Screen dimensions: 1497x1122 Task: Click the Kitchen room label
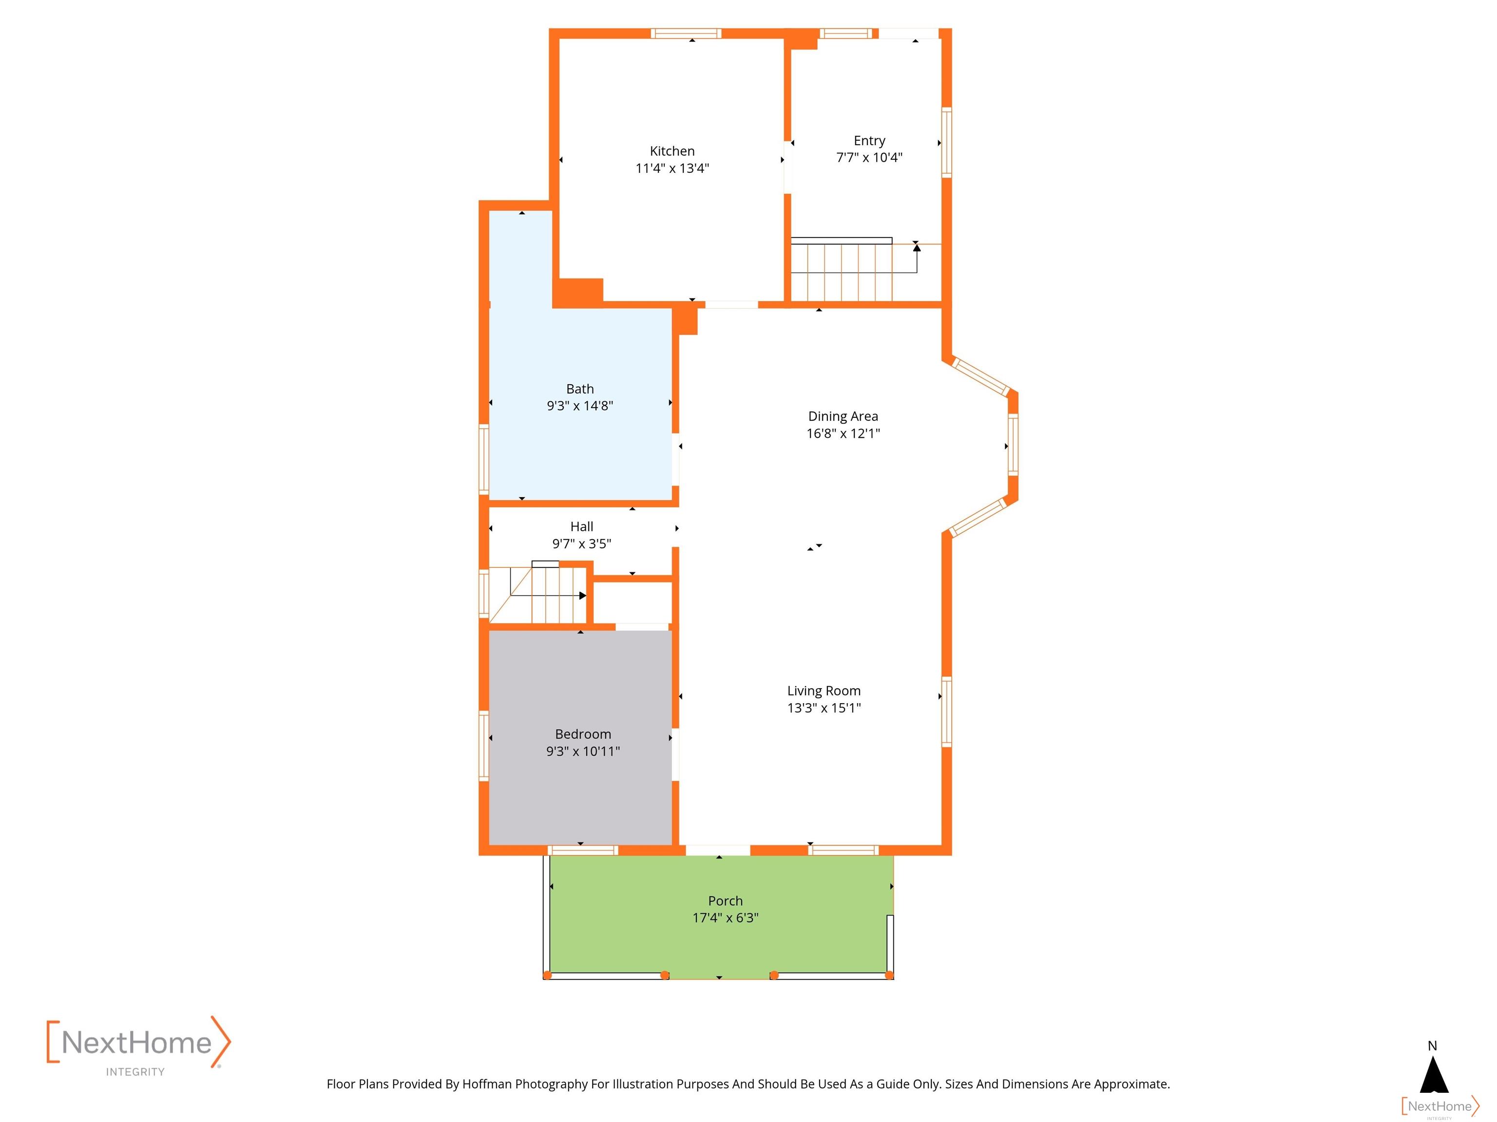click(x=672, y=151)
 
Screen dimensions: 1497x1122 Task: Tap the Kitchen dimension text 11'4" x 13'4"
click(x=672, y=168)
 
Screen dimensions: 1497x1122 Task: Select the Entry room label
click(x=870, y=141)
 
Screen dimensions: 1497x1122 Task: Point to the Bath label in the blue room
click(x=580, y=389)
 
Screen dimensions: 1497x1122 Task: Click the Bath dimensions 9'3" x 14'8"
click(x=580, y=406)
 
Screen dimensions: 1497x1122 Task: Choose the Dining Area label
click(x=843, y=416)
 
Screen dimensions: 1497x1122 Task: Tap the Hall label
click(x=582, y=527)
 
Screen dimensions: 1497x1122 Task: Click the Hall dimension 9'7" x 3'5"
click(x=582, y=544)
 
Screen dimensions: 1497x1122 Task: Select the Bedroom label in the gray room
click(x=583, y=734)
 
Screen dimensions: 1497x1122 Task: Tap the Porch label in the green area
click(x=726, y=901)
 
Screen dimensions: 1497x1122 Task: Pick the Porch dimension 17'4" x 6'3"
click(x=726, y=918)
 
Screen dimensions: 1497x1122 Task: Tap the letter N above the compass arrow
click(x=1433, y=1046)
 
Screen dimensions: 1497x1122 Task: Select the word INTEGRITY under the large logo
click(x=135, y=1072)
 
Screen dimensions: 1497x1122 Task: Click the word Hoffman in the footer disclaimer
click(x=487, y=1084)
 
